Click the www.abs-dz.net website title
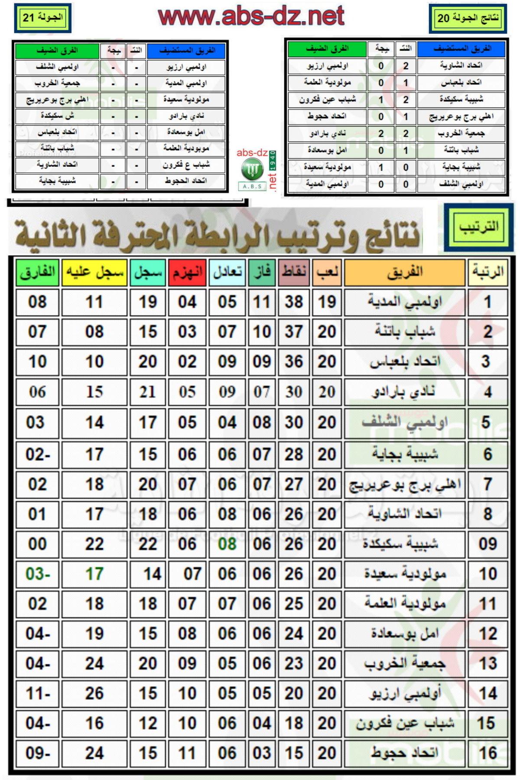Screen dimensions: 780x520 pyautogui.click(x=251, y=16)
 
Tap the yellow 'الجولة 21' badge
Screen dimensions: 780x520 pyautogui.click(x=42, y=18)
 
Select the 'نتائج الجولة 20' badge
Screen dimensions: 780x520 pyautogui.click(x=468, y=18)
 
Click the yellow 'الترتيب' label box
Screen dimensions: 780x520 pyautogui.click(x=478, y=226)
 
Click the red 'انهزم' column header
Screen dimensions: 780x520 pyautogui.click(x=187, y=272)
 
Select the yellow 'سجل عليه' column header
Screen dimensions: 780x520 pyautogui.click(x=94, y=272)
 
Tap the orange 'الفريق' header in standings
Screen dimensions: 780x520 pyautogui.click(x=405, y=272)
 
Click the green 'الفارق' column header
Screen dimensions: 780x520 pyautogui.click(x=37, y=272)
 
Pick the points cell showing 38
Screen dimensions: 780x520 pyautogui.click(x=294, y=302)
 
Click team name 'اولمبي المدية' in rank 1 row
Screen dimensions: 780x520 pyautogui.click(x=405, y=302)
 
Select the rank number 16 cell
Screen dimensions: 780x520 pyautogui.click(x=487, y=753)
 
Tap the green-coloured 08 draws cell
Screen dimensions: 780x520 pyautogui.click(x=227, y=544)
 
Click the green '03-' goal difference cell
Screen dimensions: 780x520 pyautogui.click(x=37, y=574)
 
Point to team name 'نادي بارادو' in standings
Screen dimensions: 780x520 pyautogui.click(x=405, y=392)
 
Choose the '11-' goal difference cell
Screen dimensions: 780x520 pyautogui.click(x=37, y=693)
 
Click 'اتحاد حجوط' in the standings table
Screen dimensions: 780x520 pyautogui.click(x=405, y=753)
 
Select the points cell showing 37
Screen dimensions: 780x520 pyautogui.click(x=294, y=332)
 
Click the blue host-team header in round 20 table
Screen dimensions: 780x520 pyautogui.click(x=461, y=49)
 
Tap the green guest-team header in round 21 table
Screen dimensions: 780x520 pyautogui.click(x=57, y=51)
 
